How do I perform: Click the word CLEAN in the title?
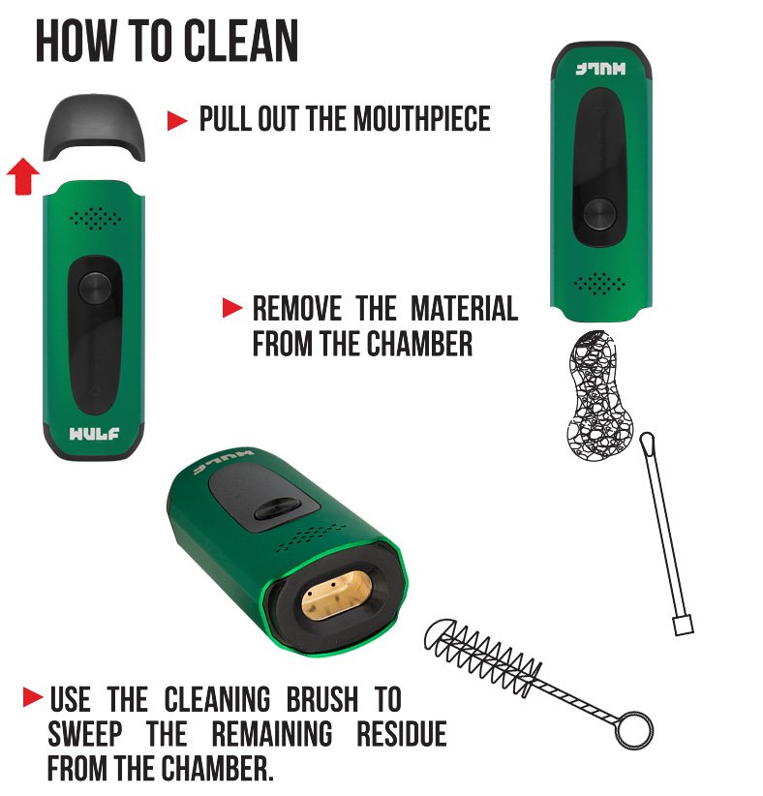[241, 41]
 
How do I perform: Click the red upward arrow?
[23, 175]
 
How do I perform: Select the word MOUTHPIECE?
[422, 119]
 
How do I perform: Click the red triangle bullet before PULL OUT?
[177, 120]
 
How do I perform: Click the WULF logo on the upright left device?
[95, 434]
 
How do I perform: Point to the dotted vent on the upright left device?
[95, 218]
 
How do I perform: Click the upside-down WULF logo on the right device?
[600, 69]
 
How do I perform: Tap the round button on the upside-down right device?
[599, 214]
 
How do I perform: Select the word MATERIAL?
[464, 309]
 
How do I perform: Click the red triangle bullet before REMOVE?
[232, 308]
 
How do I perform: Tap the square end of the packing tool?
[684, 625]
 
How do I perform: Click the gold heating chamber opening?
[337, 594]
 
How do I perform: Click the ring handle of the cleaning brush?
[634, 729]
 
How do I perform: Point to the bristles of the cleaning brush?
[481, 655]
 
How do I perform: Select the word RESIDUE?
[402, 734]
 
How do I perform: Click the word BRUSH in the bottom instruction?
[322, 699]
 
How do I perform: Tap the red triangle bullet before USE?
[33, 697]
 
